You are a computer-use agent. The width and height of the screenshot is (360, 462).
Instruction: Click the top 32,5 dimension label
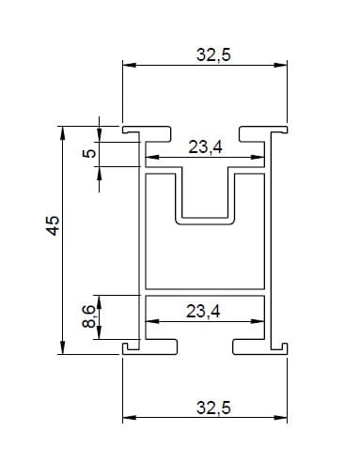coord(213,54)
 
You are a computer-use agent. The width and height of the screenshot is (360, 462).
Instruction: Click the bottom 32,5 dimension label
coord(213,408)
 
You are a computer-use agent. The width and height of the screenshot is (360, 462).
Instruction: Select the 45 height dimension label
coord(53,225)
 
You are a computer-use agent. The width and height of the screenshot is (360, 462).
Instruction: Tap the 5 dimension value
coord(89,153)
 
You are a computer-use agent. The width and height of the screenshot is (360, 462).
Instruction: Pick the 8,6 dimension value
coord(89,316)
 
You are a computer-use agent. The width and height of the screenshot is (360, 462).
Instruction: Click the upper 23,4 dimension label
coord(205,146)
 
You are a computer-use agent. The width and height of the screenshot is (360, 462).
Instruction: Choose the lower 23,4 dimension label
coord(203,311)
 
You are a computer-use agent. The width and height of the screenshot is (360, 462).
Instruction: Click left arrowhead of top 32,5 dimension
coord(129,65)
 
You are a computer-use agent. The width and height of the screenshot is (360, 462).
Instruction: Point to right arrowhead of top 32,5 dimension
coord(280,65)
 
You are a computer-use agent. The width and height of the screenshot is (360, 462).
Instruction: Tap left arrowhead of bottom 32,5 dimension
coord(129,418)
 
